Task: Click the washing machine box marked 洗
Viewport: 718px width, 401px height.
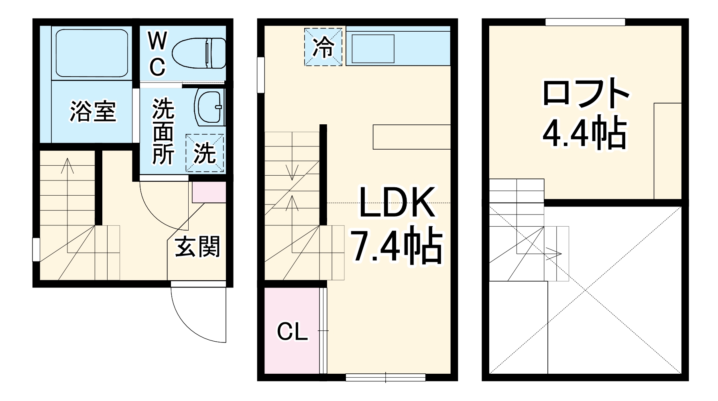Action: tap(205, 153)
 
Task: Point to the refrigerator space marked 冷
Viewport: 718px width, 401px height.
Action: tap(323, 46)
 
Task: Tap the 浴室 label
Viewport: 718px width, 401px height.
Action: tap(93, 111)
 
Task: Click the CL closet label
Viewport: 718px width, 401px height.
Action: tap(292, 332)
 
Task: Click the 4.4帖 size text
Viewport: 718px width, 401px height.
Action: tap(584, 132)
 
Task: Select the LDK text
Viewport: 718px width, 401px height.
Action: tap(396, 202)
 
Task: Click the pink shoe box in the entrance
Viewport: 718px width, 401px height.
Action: tap(209, 192)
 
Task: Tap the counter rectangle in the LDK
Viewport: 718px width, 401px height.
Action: tap(411, 137)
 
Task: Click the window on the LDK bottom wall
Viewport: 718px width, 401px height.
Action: tap(385, 377)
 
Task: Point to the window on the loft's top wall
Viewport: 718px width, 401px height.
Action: tap(585, 22)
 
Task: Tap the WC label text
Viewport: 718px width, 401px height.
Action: tap(157, 55)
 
